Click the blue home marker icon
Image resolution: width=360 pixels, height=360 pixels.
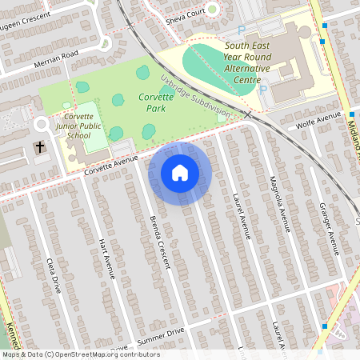179,172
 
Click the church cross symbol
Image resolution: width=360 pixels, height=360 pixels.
39,147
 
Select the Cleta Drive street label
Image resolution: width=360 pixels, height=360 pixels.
54,275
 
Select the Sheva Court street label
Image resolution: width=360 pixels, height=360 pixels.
185,14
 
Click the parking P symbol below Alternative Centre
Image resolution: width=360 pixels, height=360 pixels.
263,90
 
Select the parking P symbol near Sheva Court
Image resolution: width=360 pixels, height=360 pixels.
242,30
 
